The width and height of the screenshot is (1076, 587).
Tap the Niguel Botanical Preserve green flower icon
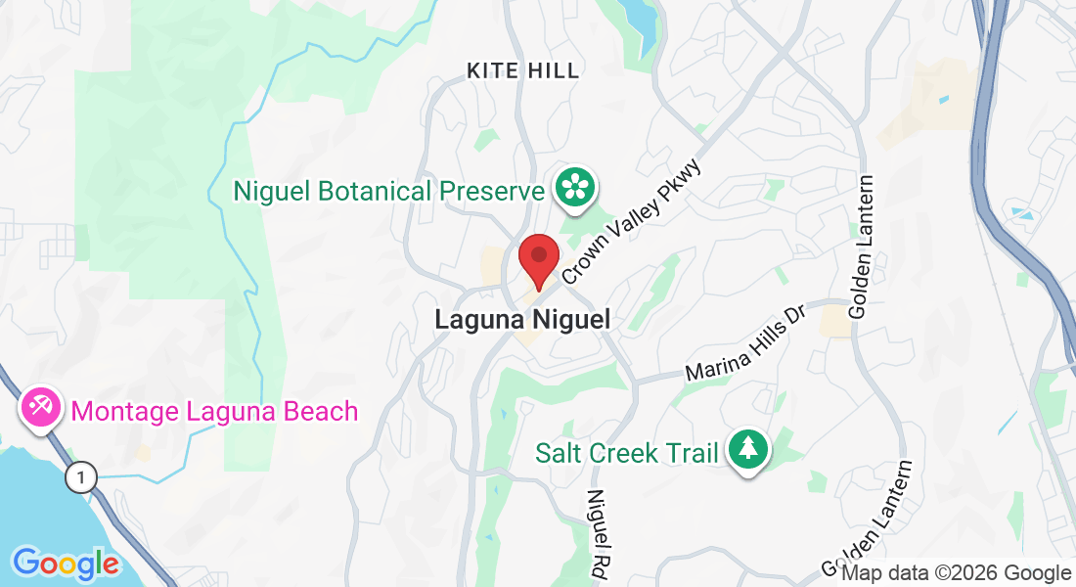coord(576,187)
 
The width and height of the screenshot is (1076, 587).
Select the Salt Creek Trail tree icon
coord(748,450)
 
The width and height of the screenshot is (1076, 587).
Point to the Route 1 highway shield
coord(83,477)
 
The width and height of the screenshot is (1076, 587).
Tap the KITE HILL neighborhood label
coord(523,70)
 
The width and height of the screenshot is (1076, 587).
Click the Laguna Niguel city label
coord(522,320)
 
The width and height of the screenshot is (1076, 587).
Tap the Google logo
coord(65,564)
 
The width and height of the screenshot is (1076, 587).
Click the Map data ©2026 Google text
coord(956,573)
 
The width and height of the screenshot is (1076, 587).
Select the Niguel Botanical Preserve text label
coord(388,191)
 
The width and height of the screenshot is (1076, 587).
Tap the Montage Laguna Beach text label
coord(214,411)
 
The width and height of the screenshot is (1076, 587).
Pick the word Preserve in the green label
coord(490,191)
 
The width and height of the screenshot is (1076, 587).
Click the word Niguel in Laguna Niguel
coord(569,320)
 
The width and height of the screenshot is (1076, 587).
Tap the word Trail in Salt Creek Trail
coord(694,453)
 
